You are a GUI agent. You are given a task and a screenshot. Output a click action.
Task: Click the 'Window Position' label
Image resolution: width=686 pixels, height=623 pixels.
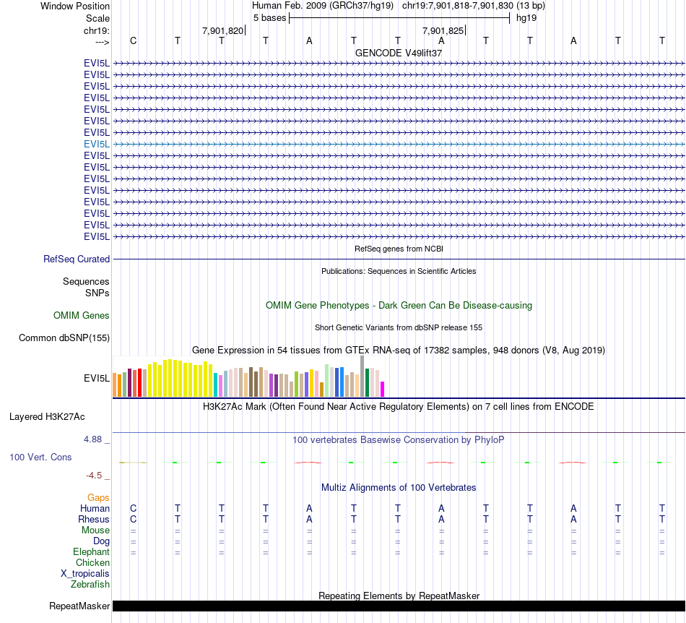(x=75, y=6)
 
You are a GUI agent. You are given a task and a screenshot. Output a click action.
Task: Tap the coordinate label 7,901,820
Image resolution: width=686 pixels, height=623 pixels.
(x=222, y=30)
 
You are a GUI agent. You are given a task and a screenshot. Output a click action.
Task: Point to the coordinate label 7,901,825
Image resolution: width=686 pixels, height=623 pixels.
(x=442, y=30)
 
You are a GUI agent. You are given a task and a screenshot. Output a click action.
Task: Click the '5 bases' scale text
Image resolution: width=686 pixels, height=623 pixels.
(x=269, y=17)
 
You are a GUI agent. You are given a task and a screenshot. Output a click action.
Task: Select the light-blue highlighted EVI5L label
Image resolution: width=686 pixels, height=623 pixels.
(x=97, y=144)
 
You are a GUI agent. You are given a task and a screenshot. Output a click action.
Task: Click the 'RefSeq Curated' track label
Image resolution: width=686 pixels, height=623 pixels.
(x=77, y=259)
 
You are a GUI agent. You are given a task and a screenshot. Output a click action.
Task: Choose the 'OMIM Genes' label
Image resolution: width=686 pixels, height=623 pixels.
(x=82, y=315)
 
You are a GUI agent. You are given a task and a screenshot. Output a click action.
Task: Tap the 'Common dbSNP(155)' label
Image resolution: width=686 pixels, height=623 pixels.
(x=64, y=338)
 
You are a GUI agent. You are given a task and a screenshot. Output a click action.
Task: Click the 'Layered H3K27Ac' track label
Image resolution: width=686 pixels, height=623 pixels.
(x=47, y=416)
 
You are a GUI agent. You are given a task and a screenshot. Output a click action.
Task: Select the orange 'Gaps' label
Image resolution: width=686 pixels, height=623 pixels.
(x=98, y=497)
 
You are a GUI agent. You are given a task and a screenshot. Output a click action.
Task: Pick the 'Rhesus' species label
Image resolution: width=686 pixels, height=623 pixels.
(x=94, y=519)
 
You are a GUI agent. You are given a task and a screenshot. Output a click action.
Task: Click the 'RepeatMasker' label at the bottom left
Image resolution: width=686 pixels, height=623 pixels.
(x=79, y=606)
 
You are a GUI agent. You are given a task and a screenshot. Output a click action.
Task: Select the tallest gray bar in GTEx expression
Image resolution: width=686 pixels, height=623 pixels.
(x=362, y=376)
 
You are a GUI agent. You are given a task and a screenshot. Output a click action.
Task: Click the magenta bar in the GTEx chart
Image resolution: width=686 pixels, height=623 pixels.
(x=383, y=389)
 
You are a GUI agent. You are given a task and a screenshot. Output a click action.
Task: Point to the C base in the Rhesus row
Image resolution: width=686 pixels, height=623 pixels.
(x=133, y=519)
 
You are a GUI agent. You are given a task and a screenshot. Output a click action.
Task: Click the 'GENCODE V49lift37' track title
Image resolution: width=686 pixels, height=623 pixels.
(x=399, y=53)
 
